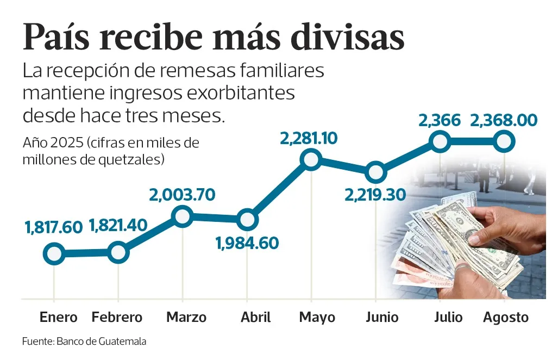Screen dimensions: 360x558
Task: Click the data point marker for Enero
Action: tap(54, 253)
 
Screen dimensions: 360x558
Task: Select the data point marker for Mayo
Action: tap(311, 160)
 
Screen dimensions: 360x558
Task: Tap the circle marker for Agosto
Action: tap(505, 141)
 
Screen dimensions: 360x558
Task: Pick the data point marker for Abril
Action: tap(247, 219)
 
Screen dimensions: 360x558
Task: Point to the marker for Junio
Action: tap(375, 172)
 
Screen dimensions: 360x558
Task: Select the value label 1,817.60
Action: tap(53, 228)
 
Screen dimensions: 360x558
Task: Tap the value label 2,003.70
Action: tap(183, 194)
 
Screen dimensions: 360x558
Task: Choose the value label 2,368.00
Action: tap(504, 120)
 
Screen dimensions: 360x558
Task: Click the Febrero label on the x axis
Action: tap(117, 318)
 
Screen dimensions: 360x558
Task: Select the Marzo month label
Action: tap(186, 318)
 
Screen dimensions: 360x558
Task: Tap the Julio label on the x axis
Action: tap(448, 317)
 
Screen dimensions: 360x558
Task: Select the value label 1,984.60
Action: tap(247, 243)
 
